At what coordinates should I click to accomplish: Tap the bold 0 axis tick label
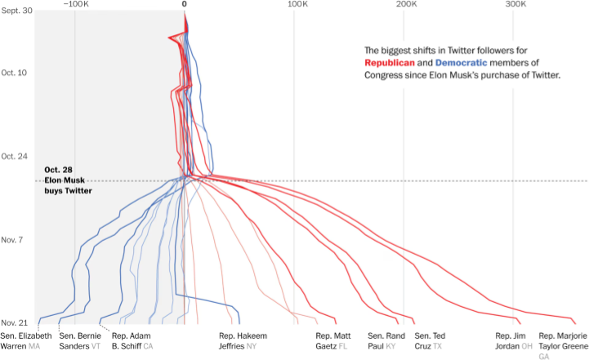pyautogui.click(x=185, y=5)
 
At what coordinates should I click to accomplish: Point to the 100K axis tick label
pyautogui.click(x=297, y=5)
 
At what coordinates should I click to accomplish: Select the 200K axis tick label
pyautogui.click(x=406, y=5)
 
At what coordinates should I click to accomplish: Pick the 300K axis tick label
pyautogui.click(x=515, y=5)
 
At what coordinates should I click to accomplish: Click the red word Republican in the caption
pyautogui.click(x=397, y=63)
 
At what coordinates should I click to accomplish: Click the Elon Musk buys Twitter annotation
pyautogui.click(x=68, y=180)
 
